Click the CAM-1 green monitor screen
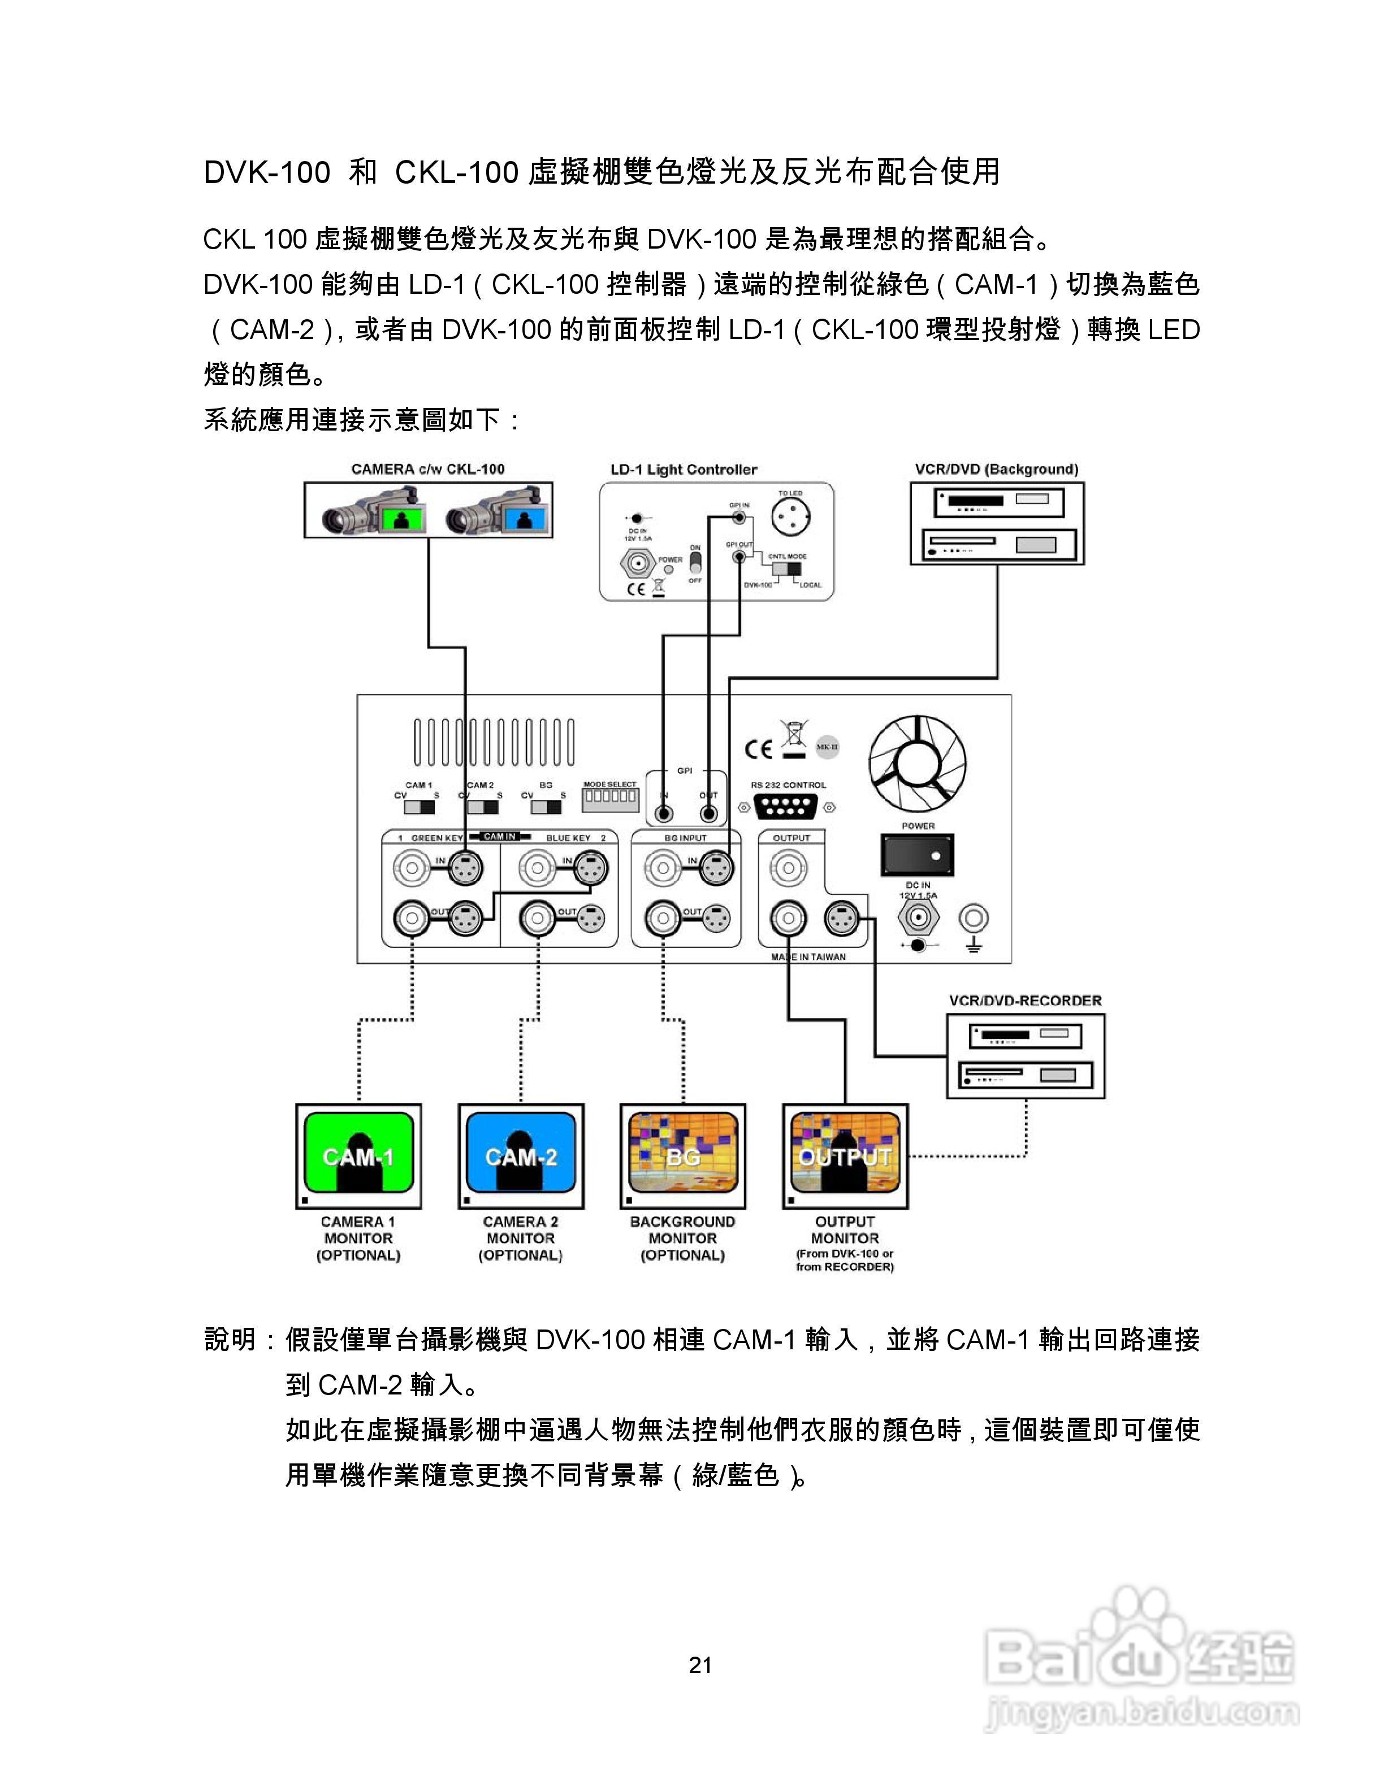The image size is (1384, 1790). [358, 1154]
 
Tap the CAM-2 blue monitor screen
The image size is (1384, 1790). [521, 1154]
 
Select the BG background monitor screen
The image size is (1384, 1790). [683, 1154]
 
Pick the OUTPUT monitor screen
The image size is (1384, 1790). [845, 1154]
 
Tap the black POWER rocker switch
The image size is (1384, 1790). [918, 854]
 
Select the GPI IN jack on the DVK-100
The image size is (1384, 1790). [663, 814]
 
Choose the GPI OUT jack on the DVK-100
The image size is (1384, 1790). [708, 814]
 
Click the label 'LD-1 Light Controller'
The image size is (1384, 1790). [683, 470]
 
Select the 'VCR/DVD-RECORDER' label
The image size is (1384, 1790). [1025, 1001]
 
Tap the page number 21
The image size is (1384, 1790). [701, 1665]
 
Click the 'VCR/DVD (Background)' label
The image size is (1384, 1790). [996, 470]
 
